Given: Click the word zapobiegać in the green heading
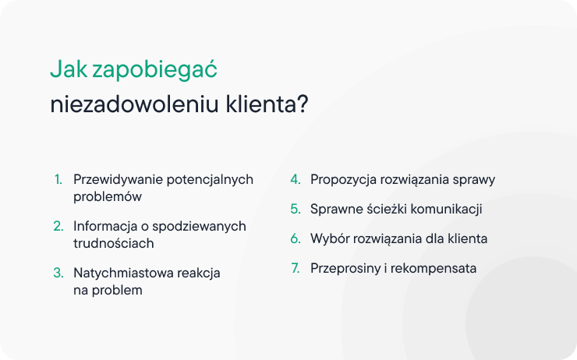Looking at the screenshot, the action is coord(154,70).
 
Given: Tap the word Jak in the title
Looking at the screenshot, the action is coord(69,69).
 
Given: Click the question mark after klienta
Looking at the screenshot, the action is coord(303,104).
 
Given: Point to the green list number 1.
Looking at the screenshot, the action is coord(58,179).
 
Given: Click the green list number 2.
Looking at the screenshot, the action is coord(58,226).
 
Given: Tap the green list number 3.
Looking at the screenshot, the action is coord(58,273).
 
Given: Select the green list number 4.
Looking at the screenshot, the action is coord(296,179).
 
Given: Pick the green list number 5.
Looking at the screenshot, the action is coord(296,209).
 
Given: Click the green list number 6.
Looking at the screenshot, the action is coord(296,238).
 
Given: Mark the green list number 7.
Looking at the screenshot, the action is coord(296,268).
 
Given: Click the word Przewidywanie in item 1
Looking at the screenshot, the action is coord(118,180).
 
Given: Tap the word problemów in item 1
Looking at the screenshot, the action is coord(108,197).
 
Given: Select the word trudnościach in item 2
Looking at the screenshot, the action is coord(114,243).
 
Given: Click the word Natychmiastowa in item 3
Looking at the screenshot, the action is coord(123,274).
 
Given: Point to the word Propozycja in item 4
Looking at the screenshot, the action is coord(343,180).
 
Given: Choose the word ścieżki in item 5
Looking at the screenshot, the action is coord(387,209).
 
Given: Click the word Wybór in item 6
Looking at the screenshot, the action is coord(327,238).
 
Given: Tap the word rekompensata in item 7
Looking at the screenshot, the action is coord(434,269).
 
